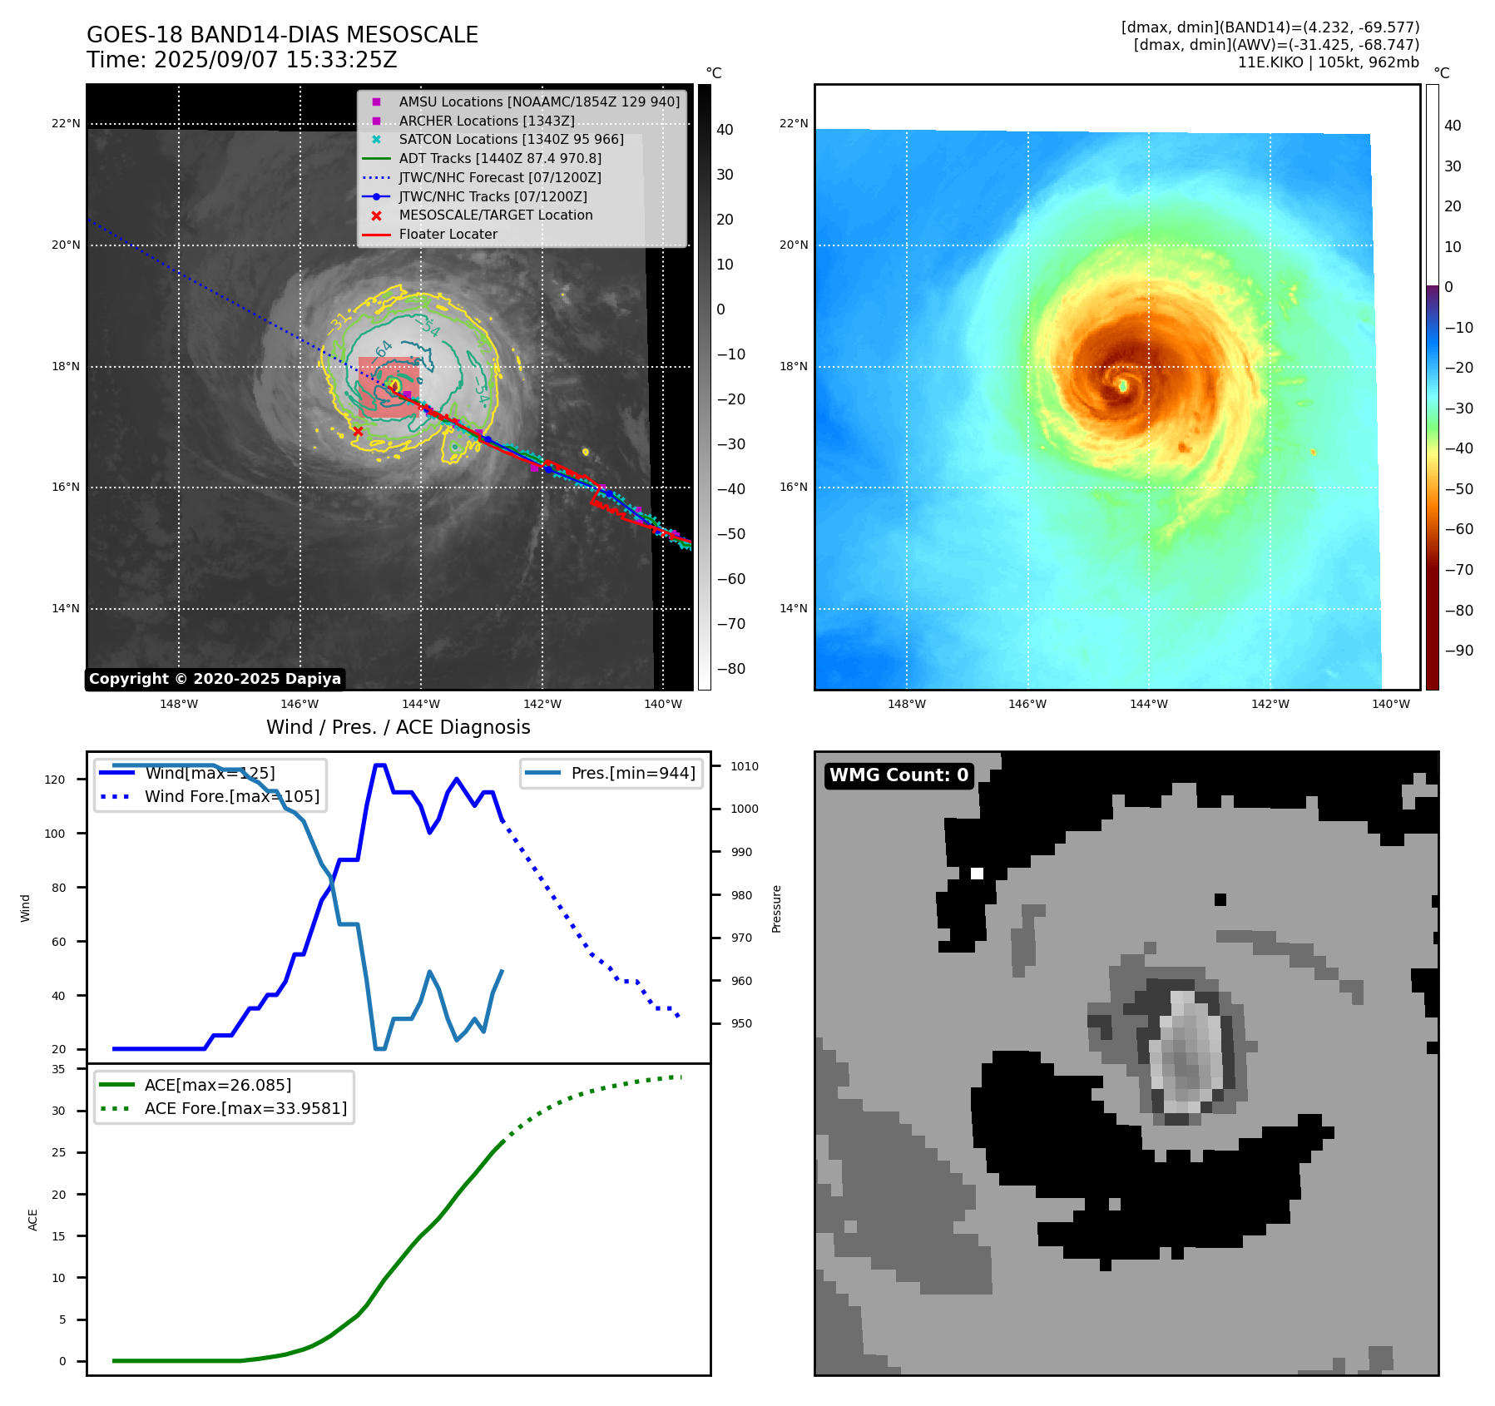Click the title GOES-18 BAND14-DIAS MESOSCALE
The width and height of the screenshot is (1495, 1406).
tap(282, 35)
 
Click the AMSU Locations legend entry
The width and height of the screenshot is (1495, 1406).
tap(538, 101)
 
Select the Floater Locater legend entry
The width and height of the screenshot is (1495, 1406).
tap(448, 235)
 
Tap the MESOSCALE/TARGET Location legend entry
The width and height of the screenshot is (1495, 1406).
tap(495, 215)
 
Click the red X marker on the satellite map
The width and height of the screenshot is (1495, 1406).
tap(358, 431)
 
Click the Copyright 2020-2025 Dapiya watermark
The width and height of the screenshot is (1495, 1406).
tap(215, 679)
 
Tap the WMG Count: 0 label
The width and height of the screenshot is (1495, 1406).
tap(898, 775)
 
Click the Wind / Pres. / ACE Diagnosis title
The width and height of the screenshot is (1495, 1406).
tap(398, 727)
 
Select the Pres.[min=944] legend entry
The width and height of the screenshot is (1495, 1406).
tap(632, 773)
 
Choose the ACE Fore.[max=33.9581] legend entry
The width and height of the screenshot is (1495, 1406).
tap(245, 1108)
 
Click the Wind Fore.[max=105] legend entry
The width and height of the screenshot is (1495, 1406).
tap(231, 796)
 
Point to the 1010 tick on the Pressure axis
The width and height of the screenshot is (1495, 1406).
tap(745, 766)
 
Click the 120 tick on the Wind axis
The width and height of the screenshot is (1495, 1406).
tap(55, 780)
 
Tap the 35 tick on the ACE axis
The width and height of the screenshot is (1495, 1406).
tap(58, 1069)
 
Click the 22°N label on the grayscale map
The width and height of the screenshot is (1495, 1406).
tap(67, 124)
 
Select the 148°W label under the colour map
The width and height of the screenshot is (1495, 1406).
tap(906, 704)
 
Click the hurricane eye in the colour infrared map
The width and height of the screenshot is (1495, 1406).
tap(1123, 385)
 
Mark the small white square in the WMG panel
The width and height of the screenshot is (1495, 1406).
tap(977, 874)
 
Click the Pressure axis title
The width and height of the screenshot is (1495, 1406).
tap(776, 908)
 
